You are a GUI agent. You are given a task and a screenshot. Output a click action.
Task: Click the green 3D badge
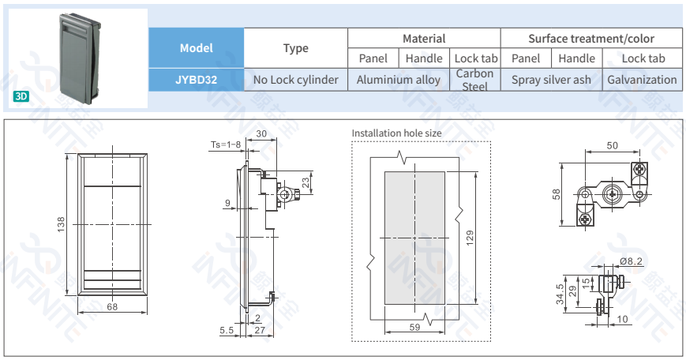coord(21,96)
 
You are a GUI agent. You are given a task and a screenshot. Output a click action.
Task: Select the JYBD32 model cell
coord(196,79)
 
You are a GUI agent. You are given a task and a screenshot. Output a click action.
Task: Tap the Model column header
coord(196,48)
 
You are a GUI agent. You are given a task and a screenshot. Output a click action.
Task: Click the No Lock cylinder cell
coord(295,79)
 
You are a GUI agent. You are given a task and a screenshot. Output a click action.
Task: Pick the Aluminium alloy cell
coord(399,79)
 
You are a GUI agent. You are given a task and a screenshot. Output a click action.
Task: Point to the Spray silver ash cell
coord(551,79)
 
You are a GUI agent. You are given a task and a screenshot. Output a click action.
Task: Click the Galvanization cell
coord(642,79)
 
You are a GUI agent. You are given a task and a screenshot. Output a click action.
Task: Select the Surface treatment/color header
coord(591,38)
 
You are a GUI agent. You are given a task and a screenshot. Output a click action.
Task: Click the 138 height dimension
coord(61,224)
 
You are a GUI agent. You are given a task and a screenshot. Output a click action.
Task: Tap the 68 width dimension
coord(112,307)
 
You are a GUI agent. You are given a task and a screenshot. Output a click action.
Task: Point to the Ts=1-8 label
coord(225,144)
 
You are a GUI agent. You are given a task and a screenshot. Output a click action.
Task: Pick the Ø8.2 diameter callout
coord(632,261)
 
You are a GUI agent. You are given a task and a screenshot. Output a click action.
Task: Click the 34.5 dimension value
coord(560,294)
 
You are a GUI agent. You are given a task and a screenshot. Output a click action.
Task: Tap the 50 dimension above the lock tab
coord(613,145)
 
